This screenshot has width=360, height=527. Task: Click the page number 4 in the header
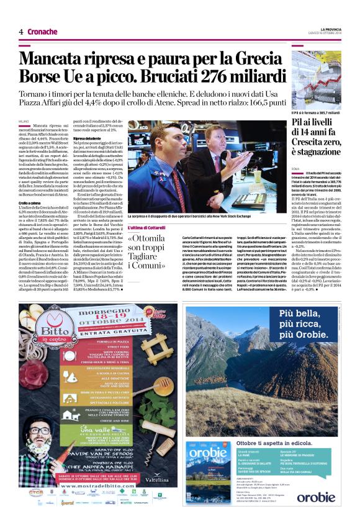point(20,32)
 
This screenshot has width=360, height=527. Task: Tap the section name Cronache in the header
point(42,32)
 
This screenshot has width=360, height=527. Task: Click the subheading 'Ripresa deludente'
point(87,137)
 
